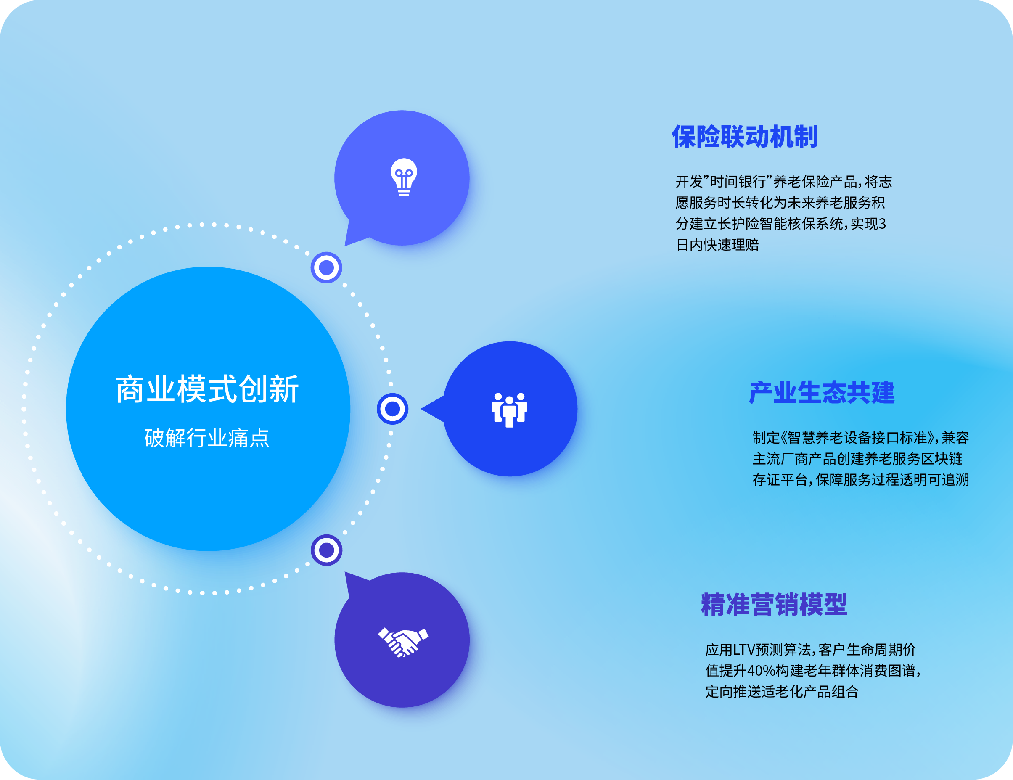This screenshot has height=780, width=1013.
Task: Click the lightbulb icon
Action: click(x=404, y=177)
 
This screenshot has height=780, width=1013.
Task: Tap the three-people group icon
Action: click(x=509, y=410)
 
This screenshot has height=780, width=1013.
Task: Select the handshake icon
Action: click(x=403, y=642)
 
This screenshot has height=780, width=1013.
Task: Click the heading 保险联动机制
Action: click(x=744, y=137)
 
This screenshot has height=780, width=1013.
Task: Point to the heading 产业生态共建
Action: click(x=821, y=393)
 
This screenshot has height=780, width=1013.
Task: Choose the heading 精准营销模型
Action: click(x=774, y=605)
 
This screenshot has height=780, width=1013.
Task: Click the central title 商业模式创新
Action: click(x=207, y=389)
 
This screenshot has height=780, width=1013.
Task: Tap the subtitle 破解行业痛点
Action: click(x=207, y=438)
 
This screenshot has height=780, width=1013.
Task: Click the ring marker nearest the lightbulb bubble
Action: click(x=327, y=267)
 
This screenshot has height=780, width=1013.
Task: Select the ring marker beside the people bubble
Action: click(x=392, y=409)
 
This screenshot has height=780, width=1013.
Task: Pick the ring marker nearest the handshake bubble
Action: click(x=327, y=550)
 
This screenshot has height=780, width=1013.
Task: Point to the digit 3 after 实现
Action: click(x=882, y=224)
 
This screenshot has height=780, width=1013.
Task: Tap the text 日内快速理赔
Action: click(x=717, y=245)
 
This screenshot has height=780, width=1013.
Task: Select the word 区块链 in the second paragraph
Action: click(x=941, y=459)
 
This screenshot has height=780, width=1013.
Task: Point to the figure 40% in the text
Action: click(x=761, y=671)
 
